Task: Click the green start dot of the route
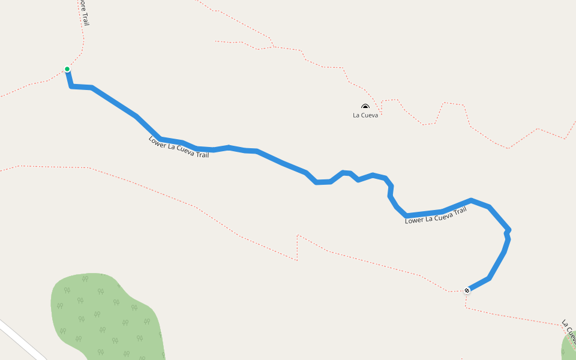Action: click(x=67, y=69)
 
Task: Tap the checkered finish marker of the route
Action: click(x=467, y=290)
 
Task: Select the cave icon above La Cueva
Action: click(x=365, y=107)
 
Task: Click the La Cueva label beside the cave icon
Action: click(x=365, y=115)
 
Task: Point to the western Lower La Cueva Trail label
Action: click(x=179, y=147)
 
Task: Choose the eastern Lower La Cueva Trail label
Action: click(x=436, y=216)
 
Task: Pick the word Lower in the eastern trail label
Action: click(x=414, y=220)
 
